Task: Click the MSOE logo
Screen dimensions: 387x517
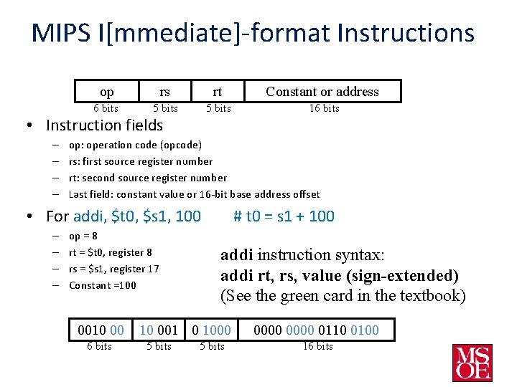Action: pos(472,363)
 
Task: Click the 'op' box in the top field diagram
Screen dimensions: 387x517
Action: pos(106,91)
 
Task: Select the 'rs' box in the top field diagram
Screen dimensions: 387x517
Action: pos(165,91)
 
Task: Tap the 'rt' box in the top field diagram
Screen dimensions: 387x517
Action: pos(218,91)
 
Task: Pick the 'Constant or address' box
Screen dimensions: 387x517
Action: pos(322,91)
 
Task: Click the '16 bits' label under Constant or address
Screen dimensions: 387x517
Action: pos(324,108)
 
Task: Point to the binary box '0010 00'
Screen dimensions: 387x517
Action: pos(101,330)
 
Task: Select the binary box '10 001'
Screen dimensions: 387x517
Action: pos(159,330)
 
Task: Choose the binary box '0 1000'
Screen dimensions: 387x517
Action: pos(212,330)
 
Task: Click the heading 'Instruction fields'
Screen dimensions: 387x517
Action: pos(104,125)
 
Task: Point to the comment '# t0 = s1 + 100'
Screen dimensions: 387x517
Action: pos(284,216)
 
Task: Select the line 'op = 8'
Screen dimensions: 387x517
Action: pos(83,236)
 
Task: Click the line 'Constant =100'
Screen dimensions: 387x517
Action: pos(102,285)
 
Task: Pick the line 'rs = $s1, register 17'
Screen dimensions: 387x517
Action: pos(113,269)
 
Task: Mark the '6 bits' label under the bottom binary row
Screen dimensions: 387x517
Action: pos(99,346)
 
